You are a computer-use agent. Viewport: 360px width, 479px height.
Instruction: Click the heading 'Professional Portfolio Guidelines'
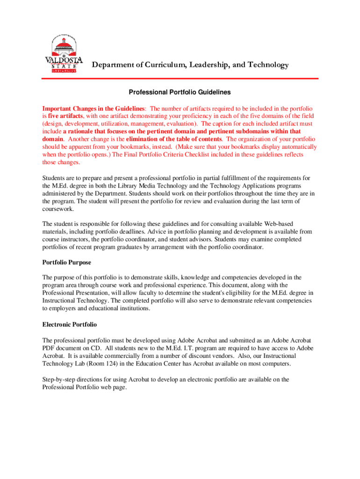click(x=180, y=93)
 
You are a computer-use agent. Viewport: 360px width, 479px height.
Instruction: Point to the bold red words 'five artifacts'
click(x=66, y=116)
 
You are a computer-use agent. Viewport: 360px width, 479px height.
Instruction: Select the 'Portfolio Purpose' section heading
click(x=67, y=262)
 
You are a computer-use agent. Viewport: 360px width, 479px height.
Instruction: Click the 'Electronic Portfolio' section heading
click(x=70, y=324)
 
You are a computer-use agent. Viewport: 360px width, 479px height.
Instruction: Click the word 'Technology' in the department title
click(x=266, y=65)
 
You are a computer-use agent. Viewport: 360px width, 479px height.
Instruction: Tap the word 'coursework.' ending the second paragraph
click(x=57, y=209)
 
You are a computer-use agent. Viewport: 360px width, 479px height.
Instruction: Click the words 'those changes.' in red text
click(x=61, y=162)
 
